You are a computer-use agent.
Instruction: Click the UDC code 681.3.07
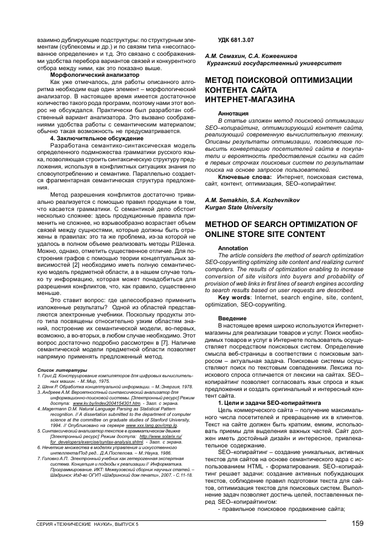(x=237, y=42)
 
